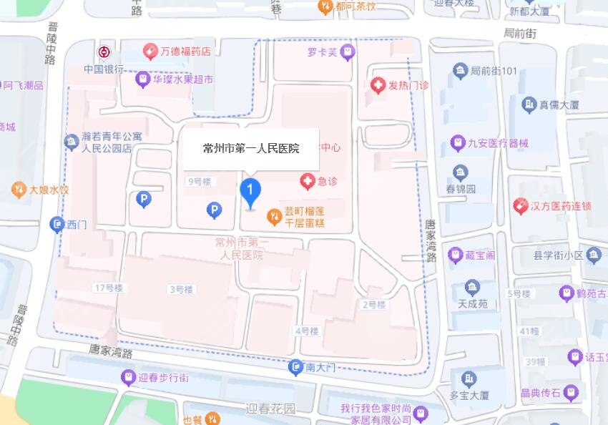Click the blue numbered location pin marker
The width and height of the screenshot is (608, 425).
250,191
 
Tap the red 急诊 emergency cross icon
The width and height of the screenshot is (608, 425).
308,182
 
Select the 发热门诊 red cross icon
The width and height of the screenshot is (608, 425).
378,85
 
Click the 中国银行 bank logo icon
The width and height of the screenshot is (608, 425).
104,53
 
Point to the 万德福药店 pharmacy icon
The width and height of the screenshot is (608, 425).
149,52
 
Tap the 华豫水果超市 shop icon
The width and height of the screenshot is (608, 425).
142,79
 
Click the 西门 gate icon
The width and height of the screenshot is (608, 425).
57,225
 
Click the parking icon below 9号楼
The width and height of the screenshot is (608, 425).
213,210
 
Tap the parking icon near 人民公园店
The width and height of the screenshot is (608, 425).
144,200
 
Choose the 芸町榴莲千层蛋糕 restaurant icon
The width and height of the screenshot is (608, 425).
273,215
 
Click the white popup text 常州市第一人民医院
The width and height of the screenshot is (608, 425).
250,149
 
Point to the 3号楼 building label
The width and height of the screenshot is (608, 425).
181,289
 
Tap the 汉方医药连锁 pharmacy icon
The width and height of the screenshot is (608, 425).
521,206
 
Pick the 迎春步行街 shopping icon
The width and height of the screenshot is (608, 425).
128,377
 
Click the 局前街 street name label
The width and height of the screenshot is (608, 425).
519,33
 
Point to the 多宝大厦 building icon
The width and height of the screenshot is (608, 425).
469,378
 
